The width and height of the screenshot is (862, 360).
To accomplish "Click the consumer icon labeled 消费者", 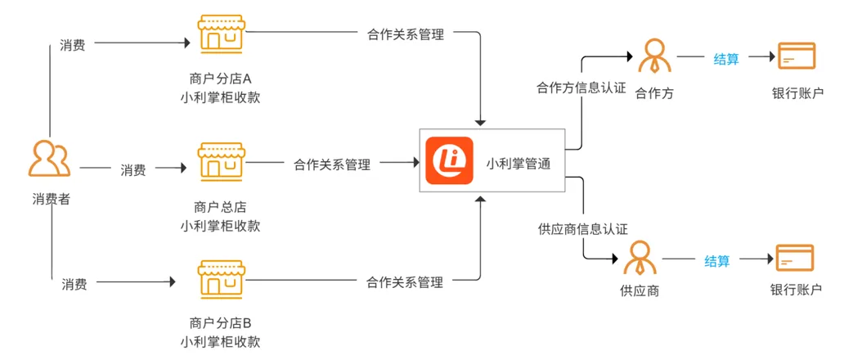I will [50, 160].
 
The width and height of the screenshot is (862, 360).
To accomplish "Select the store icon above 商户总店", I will [221, 161].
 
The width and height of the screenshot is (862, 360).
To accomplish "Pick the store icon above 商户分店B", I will [221, 280].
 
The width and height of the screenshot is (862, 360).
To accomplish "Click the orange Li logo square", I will [449, 160].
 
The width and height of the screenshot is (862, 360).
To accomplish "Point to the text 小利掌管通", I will [519, 164].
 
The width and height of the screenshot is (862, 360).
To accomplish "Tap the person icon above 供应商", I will [640, 258].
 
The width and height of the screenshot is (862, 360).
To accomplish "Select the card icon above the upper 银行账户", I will [797, 57].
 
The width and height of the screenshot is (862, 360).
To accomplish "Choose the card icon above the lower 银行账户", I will [794, 259].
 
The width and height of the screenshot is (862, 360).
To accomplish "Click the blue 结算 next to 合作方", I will [726, 59].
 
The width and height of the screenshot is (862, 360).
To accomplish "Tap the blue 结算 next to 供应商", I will [717, 261].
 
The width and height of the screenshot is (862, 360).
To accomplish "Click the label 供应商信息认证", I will [577, 228].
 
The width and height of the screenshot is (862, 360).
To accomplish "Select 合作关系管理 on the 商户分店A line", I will [406, 35].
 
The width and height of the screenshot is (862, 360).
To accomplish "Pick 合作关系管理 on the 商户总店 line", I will [332, 164].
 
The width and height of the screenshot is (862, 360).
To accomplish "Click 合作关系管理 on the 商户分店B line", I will [405, 282].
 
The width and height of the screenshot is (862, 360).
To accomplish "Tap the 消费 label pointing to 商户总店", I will [133, 170].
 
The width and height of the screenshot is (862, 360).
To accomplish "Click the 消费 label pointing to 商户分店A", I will [73, 46].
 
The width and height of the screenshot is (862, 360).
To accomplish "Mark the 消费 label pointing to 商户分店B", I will [74, 284].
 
